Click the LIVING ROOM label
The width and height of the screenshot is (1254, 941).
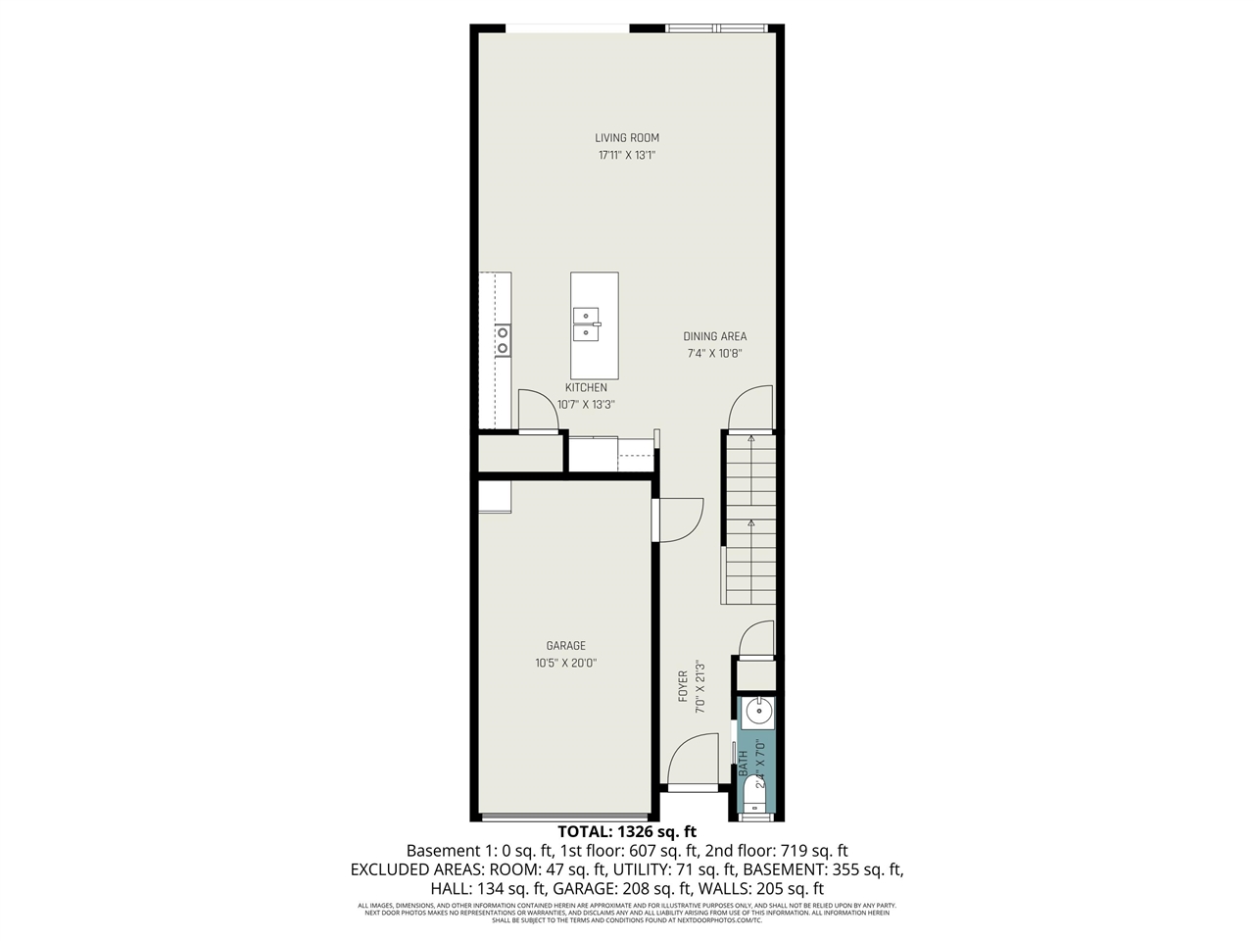627,138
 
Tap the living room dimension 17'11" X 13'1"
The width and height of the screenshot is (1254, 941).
627,155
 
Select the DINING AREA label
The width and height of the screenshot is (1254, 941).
715,336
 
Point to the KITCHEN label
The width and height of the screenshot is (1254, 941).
586,387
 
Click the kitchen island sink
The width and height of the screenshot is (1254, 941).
587,322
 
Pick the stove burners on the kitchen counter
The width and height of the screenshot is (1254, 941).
503,340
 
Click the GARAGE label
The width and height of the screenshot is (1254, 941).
566,645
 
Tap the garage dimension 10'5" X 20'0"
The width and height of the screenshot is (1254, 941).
566,663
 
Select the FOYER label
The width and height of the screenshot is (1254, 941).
684,686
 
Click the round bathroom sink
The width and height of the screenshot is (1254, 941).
757,713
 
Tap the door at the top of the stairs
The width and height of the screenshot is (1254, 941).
749,408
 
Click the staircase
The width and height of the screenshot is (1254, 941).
749,520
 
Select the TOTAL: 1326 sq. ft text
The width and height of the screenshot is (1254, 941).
627,831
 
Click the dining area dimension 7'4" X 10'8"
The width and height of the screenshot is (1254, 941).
715,353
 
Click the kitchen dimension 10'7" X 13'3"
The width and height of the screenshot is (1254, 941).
586,404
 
